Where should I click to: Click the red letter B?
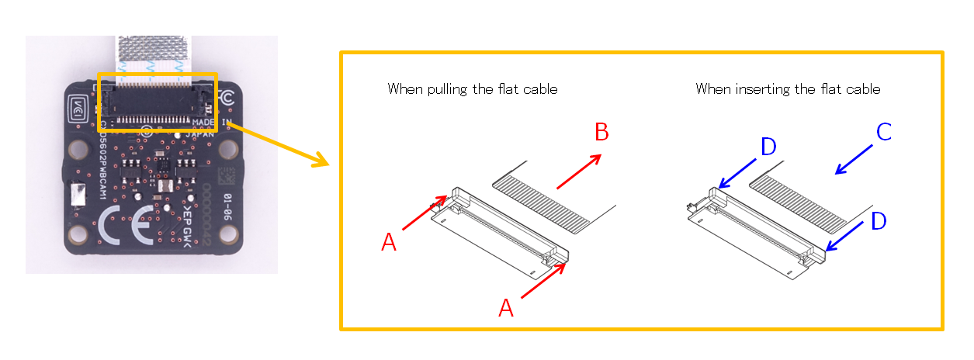point(601,133)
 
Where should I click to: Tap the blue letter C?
point(884,133)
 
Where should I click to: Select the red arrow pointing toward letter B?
point(579,171)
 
